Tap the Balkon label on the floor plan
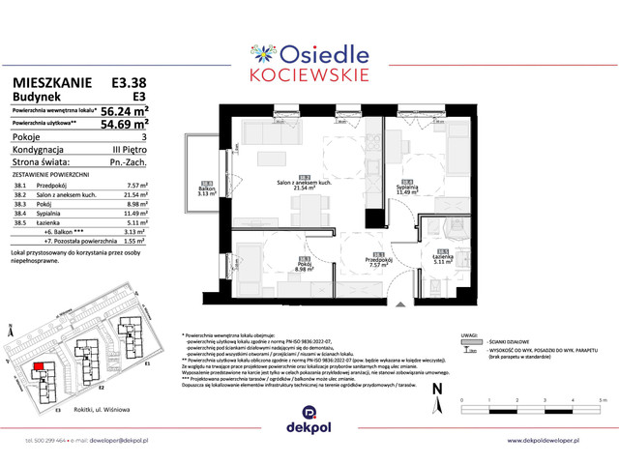pos(205,188)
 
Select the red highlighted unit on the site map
pos(39,367)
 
